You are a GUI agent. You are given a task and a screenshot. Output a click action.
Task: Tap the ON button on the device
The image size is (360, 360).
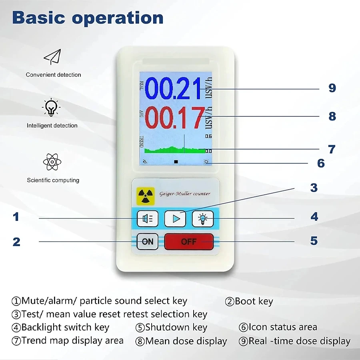pyautogui.click(x=147, y=242)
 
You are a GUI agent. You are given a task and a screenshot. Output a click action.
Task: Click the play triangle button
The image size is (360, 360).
pyautogui.click(x=175, y=218)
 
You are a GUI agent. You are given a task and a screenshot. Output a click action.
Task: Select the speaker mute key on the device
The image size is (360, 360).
pyautogui.click(x=147, y=218)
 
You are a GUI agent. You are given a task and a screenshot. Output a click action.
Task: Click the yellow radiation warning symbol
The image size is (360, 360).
pyautogui.click(x=145, y=196)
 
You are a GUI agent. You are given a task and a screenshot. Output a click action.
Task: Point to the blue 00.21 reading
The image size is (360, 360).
pyautogui.click(x=173, y=88)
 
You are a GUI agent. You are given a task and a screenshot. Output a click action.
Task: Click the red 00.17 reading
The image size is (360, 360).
pyautogui.click(x=174, y=118)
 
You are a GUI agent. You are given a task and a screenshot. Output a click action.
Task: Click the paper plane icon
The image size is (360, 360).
pyautogui.click(x=52, y=57)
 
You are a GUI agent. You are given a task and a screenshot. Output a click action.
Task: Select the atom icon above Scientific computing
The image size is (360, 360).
pyautogui.click(x=52, y=162)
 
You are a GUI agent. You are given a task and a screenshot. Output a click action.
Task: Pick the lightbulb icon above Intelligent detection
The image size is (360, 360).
pyautogui.click(x=51, y=107)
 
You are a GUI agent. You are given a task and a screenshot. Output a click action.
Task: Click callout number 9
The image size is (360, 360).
pyautogui.click(x=332, y=88)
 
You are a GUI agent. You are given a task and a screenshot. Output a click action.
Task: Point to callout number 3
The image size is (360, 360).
pyautogui.click(x=314, y=188)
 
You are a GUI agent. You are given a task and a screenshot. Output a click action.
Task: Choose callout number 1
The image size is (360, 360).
pyautogui.click(x=16, y=217)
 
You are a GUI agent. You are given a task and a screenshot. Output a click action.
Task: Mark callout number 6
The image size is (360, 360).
pyautogui.click(x=321, y=163)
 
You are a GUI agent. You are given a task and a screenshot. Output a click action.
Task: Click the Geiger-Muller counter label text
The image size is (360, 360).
pyautogui.click(x=185, y=194)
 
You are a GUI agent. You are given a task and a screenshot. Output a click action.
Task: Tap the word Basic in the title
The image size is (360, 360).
pyautogui.click(x=38, y=18)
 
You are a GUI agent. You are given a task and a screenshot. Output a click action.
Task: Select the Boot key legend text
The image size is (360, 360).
pyautogui.click(x=249, y=301)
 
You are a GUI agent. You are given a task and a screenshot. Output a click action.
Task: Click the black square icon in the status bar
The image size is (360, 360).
pyautogui.click(x=176, y=162)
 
